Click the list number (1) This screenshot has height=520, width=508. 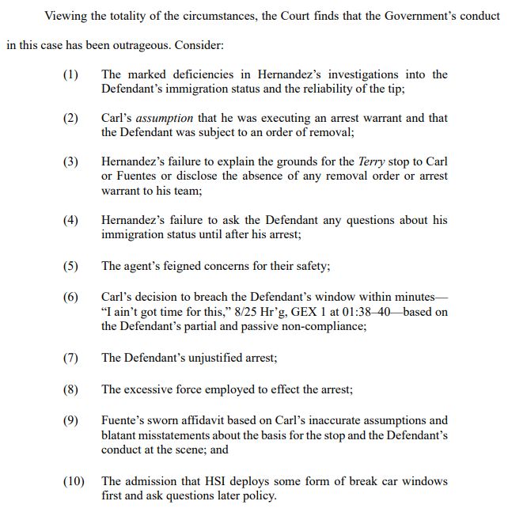tap(70, 75)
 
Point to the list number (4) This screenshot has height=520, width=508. tap(70, 220)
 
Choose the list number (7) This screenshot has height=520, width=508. tap(70, 358)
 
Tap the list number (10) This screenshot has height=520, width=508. tap(74, 480)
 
